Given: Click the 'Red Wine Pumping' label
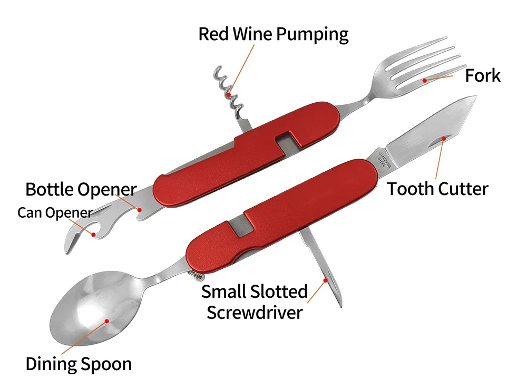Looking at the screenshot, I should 273,34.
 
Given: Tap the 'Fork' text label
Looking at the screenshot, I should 482,75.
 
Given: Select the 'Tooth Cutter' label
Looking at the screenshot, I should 438,188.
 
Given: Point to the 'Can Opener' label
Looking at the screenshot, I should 55,213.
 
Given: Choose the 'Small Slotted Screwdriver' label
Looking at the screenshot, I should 255,301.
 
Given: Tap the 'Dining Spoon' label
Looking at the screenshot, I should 79,364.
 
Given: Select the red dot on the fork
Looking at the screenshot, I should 425,81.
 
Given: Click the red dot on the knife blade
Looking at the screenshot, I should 444,138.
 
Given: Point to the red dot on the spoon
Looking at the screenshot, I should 106,319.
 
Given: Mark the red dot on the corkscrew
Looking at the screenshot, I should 229,94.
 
